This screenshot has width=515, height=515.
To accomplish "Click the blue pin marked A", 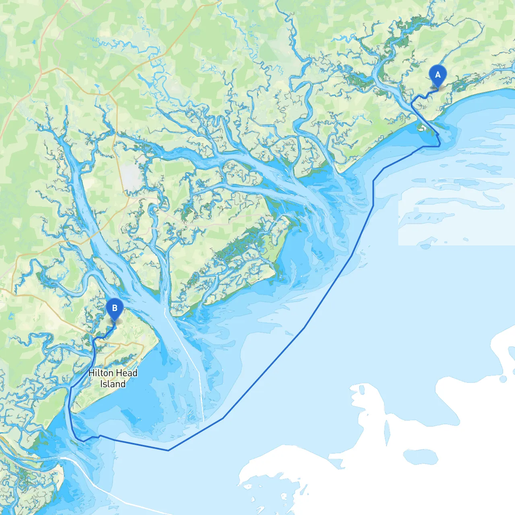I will (438, 76).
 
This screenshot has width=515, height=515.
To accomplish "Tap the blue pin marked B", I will (115, 309).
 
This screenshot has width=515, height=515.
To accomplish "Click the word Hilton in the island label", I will (101, 373).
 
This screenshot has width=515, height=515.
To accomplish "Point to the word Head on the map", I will (127, 373).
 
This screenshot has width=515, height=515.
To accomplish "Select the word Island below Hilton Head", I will (113, 384).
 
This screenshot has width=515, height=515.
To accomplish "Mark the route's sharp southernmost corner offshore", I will (168, 450).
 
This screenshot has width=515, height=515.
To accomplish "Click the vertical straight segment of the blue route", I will (373, 193).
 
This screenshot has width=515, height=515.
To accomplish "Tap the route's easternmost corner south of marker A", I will (440, 145).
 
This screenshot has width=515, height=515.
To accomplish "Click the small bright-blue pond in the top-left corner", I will (33, 41).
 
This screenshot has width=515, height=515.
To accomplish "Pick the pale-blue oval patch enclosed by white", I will (420, 457).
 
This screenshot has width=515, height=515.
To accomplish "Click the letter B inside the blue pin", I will (115, 308).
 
